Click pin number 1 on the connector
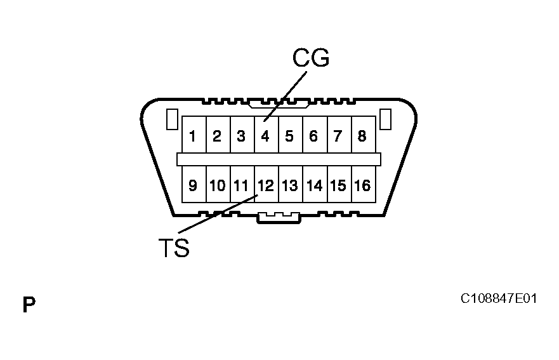(x=193, y=136)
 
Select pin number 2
(x=217, y=136)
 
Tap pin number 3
(x=241, y=136)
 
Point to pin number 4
(x=265, y=136)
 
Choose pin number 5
(x=289, y=136)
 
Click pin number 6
(x=313, y=136)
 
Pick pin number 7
(x=338, y=136)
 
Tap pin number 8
(x=362, y=136)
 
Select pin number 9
(x=193, y=185)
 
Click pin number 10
(x=217, y=185)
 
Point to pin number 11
(x=241, y=185)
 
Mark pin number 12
(x=265, y=185)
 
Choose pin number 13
(x=289, y=185)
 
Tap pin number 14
(x=313, y=185)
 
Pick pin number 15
(x=338, y=185)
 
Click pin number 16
(x=362, y=185)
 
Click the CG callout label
(x=310, y=58)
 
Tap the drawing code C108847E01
(x=499, y=298)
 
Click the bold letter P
(x=29, y=305)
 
